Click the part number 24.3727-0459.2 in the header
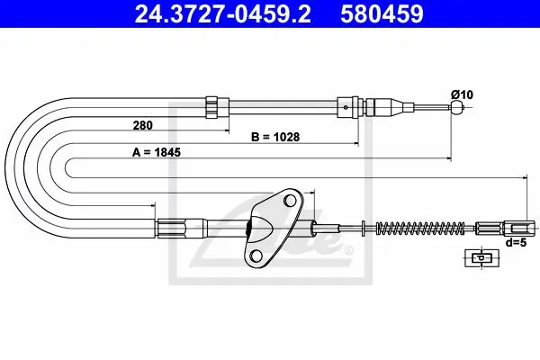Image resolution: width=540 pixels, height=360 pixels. tap(222, 14)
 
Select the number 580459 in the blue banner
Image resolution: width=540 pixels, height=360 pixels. tap(382, 14)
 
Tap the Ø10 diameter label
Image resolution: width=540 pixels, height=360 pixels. tap(462, 94)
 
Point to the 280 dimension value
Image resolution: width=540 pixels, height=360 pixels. tap(142, 125)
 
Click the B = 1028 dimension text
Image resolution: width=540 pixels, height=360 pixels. tap(275, 137)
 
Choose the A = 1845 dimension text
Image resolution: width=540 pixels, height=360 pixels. tap(157, 152)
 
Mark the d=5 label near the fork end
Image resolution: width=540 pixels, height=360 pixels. tap(517, 242)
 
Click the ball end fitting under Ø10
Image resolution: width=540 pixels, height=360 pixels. tap(457, 107)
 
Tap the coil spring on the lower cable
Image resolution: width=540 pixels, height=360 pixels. tap(419, 228)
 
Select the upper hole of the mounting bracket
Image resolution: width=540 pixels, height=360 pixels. tap(291, 201)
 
